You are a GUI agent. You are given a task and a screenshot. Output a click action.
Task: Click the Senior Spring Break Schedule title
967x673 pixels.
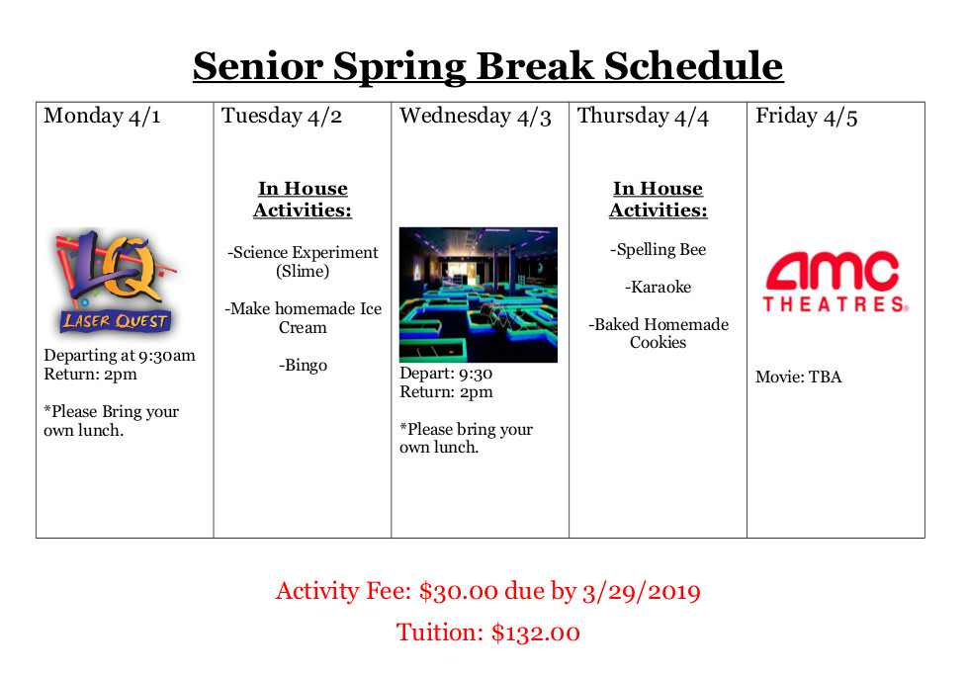tap(487, 66)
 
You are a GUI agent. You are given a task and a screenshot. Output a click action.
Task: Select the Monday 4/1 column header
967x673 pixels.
tap(102, 117)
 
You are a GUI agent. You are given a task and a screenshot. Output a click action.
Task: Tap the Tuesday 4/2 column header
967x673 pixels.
tap(282, 117)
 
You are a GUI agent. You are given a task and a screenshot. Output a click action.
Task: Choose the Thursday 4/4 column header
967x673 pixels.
tap(643, 117)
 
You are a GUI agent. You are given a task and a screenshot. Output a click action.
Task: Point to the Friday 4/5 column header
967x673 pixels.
tap(806, 117)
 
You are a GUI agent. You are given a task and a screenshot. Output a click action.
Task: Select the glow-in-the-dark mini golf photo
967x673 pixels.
tap(478, 294)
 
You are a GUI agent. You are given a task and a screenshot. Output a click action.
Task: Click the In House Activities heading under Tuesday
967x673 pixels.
tap(303, 200)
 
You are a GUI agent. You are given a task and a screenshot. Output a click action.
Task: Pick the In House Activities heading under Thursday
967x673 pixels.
tap(658, 200)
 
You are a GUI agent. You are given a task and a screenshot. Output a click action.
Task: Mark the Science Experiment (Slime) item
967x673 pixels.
tap(303, 262)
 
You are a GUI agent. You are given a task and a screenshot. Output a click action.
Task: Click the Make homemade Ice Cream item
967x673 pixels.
tap(303, 318)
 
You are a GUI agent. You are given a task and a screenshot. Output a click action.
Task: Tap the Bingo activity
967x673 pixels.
tap(303, 366)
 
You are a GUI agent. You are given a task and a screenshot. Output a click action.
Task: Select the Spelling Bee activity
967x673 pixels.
tap(658, 250)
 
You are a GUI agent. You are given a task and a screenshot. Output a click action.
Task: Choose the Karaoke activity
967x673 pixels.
tap(658, 288)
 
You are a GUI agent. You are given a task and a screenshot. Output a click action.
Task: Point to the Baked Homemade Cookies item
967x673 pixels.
tap(658, 333)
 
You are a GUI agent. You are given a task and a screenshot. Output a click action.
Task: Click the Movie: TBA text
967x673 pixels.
tap(798, 378)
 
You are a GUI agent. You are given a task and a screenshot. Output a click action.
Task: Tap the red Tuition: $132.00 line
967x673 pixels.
tap(487, 632)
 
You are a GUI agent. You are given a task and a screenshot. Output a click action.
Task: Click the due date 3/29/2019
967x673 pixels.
tap(641, 592)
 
